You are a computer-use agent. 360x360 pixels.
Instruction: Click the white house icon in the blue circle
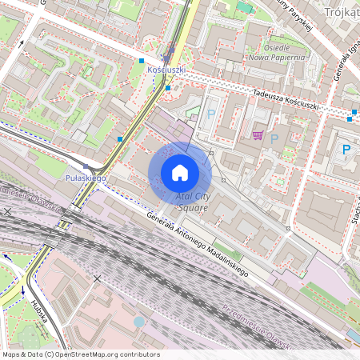pyautogui.click(x=180, y=173)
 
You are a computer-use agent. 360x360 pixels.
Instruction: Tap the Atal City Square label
pyautogui.click(x=192, y=202)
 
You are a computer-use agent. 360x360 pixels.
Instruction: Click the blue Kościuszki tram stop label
pyautogui.click(x=167, y=70)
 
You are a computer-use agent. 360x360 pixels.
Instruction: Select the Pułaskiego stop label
pyautogui.click(x=86, y=177)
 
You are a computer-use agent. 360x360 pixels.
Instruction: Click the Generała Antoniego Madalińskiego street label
pyautogui.click(x=198, y=246)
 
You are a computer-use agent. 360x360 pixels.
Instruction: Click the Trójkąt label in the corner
pyautogui.click(x=342, y=13)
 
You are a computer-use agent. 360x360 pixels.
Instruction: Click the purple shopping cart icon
pyautogui.click(x=258, y=135)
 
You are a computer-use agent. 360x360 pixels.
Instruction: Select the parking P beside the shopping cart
pyautogui.click(x=274, y=138)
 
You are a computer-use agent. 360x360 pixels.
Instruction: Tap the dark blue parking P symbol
pyautogui.click(x=346, y=150)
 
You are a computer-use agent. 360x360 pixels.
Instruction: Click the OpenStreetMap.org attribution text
pyautogui.click(x=80, y=354)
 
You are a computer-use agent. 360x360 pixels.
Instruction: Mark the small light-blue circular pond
pyautogui.click(x=139, y=322)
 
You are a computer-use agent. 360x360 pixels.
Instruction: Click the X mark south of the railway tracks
pyautogui.click(x=98, y=278)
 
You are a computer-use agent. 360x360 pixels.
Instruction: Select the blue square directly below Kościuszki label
pyautogui.click(x=167, y=88)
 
